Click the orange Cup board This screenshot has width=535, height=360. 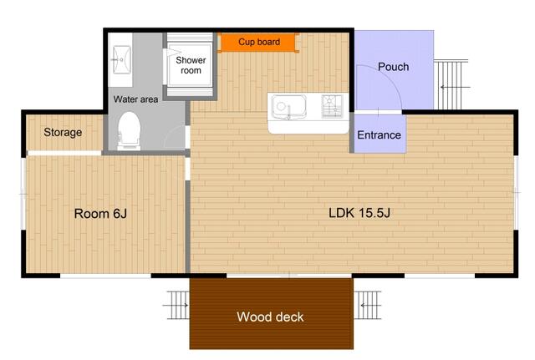(259, 43)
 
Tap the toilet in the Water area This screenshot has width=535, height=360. (130, 131)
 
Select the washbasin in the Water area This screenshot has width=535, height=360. (121, 59)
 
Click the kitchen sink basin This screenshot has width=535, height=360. (288, 107)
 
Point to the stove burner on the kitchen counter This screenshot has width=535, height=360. (332, 106)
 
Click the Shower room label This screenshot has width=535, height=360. (191, 65)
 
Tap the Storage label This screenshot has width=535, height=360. (63, 132)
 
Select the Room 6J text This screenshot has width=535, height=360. (100, 214)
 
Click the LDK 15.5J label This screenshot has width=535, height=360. (359, 213)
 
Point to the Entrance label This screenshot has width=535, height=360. (379, 135)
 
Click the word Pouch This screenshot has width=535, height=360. (394, 67)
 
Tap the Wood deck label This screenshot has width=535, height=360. (270, 317)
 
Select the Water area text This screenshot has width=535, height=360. (135, 99)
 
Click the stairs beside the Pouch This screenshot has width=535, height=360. (451, 84)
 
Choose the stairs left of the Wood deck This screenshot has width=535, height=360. (177, 305)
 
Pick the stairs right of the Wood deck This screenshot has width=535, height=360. (367, 305)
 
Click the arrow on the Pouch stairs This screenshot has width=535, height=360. (455, 87)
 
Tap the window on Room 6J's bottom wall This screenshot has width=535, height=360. (106, 276)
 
